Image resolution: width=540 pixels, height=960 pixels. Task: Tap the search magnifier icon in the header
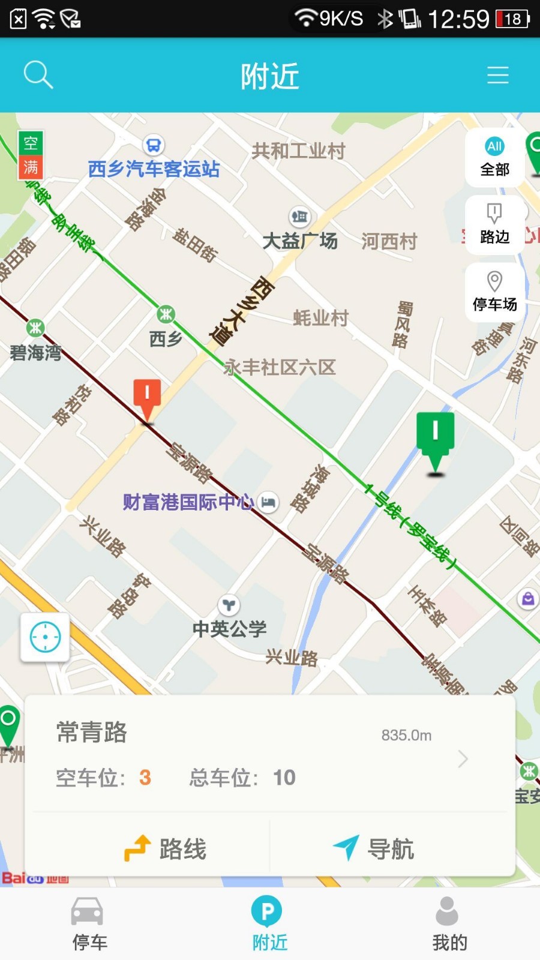click(x=38, y=75)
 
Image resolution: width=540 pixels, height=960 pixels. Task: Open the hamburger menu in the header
click(x=497, y=75)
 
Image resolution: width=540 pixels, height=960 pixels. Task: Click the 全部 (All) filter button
click(x=494, y=157)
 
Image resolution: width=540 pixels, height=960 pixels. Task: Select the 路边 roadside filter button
click(x=494, y=224)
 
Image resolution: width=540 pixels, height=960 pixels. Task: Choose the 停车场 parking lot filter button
click(x=494, y=292)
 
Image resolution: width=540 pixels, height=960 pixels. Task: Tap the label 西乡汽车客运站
click(x=154, y=169)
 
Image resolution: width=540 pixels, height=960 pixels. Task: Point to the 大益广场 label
click(x=300, y=241)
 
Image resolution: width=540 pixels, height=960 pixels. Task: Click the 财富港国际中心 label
click(x=188, y=502)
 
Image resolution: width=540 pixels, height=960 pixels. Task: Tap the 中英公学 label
click(x=229, y=628)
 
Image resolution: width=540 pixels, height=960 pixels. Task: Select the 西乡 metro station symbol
click(x=166, y=314)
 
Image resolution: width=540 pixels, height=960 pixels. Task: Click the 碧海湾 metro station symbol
click(x=35, y=328)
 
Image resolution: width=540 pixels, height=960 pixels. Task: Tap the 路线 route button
click(x=165, y=848)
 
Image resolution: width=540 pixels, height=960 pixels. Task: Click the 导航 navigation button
click(x=373, y=848)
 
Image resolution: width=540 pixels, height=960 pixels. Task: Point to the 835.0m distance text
click(x=406, y=735)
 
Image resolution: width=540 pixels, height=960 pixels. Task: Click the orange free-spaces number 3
click(x=145, y=778)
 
